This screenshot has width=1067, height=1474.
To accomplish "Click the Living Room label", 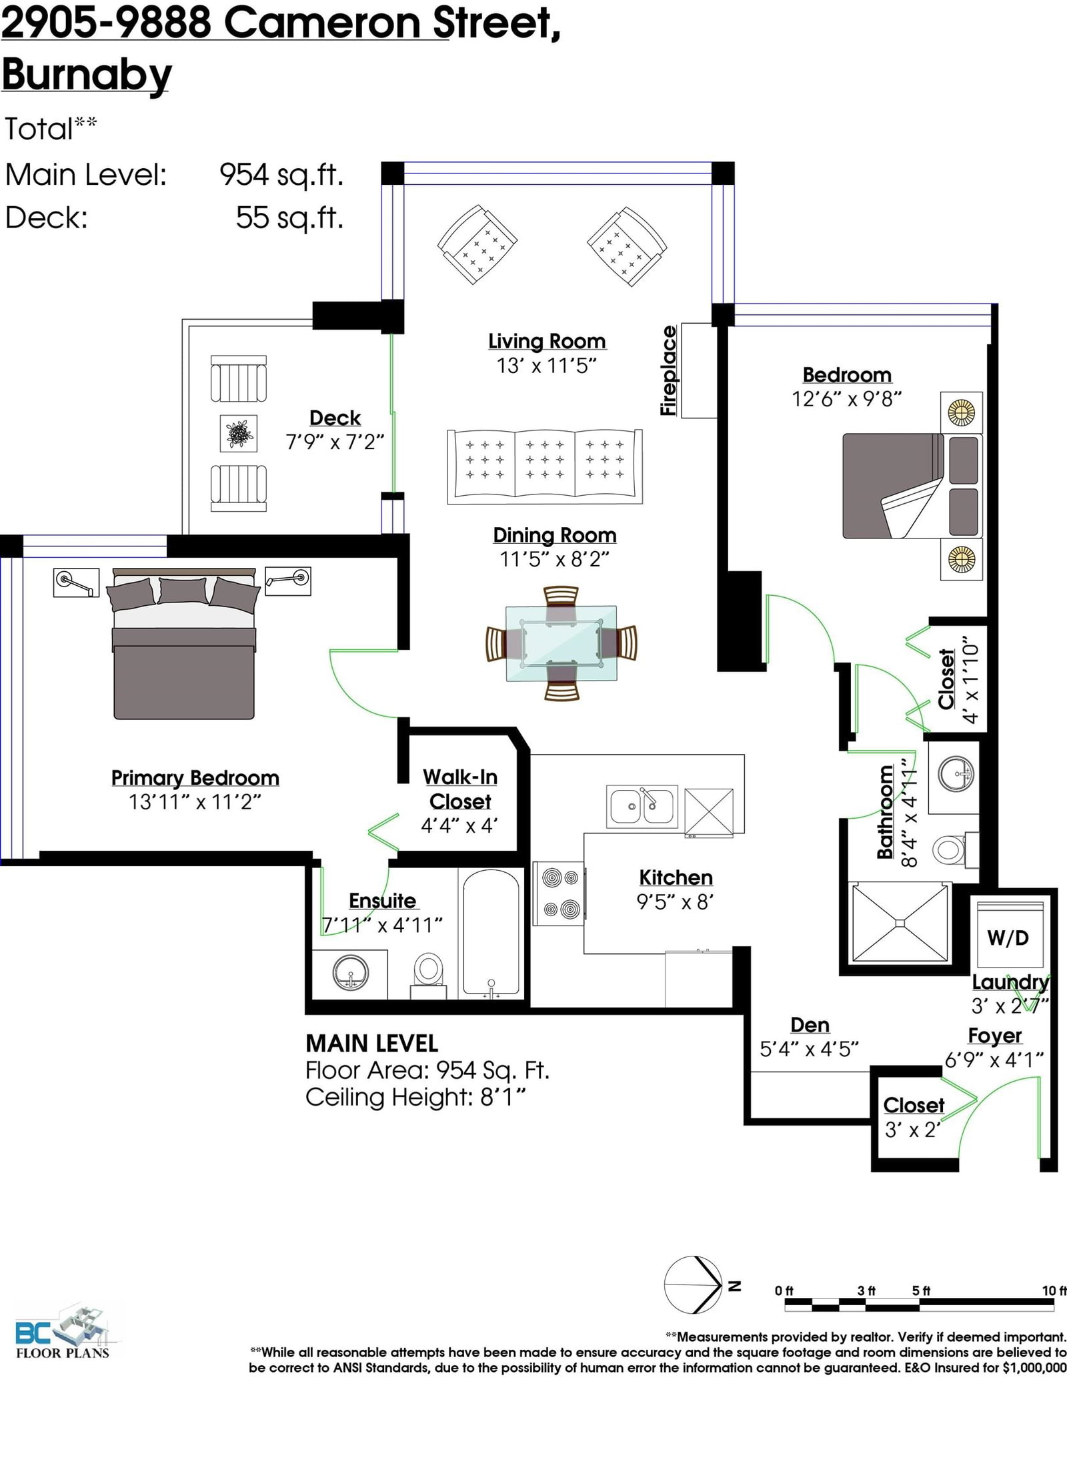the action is pyautogui.click(x=547, y=342).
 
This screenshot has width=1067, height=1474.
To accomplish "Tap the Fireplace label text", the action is pyautogui.click(x=669, y=371).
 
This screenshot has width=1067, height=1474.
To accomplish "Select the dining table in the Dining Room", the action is pyautogui.click(x=561, y=643).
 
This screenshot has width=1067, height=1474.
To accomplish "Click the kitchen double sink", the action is pyautogui.click(x=641, y=806).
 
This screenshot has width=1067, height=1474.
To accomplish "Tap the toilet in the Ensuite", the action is pyautogui.click(x=428, y=976).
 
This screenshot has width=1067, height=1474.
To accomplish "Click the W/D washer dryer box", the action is pyautogui.click(x=1008, y=936).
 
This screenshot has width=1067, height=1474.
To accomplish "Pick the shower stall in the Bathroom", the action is pyautogui.click(x=899, y=923).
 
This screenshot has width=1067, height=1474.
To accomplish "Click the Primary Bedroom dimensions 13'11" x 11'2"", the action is pyautogui.click(x=195, y=801).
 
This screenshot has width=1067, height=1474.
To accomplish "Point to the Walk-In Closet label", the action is pyautogui.click(x=460, y=789).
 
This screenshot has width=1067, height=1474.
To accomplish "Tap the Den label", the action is pyautogui.click(x=810, y=1025).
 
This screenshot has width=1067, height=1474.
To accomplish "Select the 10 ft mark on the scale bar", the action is pyautogui.click(x=1054, y=1291).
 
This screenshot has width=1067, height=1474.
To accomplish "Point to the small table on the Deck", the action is pyautogui.click(x=239, y=433).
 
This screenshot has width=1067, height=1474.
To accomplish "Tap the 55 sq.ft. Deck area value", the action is pyautogui.click(x=289, y=218).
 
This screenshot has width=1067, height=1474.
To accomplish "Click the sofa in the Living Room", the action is pyautogui.click(x=544, y=466).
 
